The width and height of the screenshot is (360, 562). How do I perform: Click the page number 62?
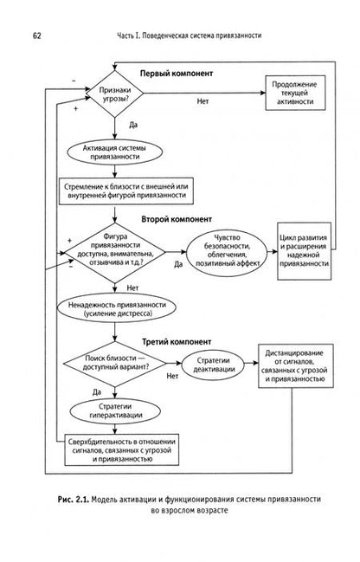point(37,36)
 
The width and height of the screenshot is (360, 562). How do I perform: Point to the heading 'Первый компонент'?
point(177,74)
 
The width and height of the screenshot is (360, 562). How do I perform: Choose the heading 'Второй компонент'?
point(177,219)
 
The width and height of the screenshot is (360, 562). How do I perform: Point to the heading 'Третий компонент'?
point(177,342)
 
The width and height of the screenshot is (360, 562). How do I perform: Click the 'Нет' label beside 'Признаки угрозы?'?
point(202,101)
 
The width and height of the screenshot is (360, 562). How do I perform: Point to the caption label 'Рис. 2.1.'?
point(73,500)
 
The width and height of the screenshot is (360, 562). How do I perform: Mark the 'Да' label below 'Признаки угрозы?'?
point(133,126)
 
